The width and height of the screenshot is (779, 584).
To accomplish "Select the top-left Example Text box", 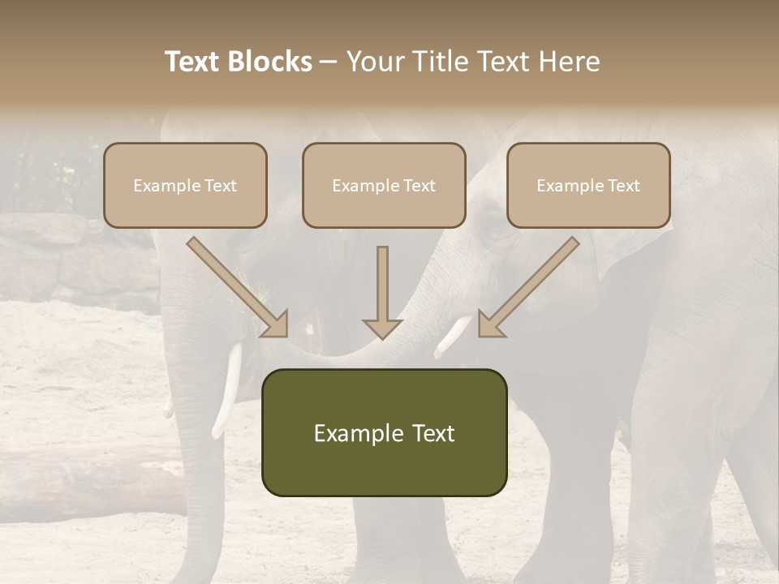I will [185, 185].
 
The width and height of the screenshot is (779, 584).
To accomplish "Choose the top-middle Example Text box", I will [384, 185].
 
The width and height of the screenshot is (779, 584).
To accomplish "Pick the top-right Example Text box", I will [588, 185].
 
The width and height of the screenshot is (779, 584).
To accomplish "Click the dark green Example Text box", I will [384, 432].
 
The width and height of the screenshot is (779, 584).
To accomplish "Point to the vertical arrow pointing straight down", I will [382, 292].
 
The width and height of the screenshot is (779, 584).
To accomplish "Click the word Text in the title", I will [195, 62].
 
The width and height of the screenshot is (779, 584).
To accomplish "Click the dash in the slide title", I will [329, 62].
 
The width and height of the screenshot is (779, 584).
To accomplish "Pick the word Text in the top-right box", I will [624, 186].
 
